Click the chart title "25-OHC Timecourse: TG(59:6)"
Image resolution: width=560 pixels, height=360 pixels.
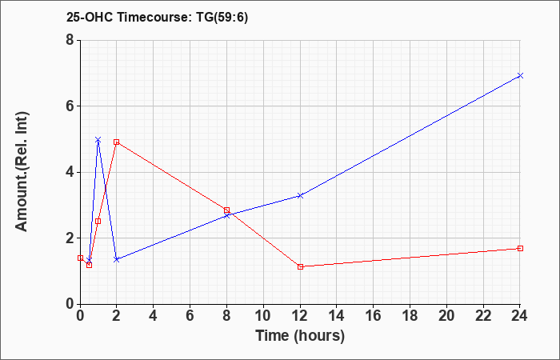coord(157,18)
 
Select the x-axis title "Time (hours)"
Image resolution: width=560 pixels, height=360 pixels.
coord(300,336)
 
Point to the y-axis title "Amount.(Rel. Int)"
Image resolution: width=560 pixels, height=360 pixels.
coord(22,172)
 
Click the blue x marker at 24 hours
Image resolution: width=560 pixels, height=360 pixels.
coord(520,75)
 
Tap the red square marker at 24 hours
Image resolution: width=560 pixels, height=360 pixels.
coord(520,248)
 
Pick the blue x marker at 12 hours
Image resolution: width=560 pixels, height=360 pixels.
coord(300,195)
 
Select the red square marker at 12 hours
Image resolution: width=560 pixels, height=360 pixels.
coord(300,266)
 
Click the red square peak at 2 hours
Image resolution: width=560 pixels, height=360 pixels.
coord(117,142)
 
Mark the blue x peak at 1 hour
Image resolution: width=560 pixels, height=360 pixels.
coord(98,139)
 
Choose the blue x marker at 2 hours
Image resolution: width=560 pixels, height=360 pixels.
coord(117,259)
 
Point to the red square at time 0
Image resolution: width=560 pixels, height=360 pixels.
coord(80,258)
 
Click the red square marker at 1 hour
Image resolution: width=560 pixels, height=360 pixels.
coord(98,221)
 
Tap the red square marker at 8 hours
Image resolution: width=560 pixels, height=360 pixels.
coord(226,210)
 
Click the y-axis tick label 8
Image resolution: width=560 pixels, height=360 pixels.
coord(70,40)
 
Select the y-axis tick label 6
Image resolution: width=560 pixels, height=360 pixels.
coord(70,106)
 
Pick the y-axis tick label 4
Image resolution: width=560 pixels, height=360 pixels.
coord(70,172)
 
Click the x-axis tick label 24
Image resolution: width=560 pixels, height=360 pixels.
coord(519,316)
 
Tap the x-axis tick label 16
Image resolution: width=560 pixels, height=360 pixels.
coord(373,316)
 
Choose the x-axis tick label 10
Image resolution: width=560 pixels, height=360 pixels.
coord(263,316)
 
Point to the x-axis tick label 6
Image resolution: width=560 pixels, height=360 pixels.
coord(190,316)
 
